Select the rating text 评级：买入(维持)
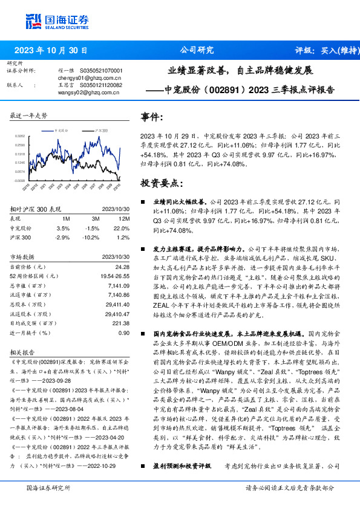point(324,50)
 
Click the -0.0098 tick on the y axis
point(19,180)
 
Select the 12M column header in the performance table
point(125,218)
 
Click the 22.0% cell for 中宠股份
point(122,229)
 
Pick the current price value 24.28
point(122,267)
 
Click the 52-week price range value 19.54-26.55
point(114,276)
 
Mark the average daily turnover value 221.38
point(121,323)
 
